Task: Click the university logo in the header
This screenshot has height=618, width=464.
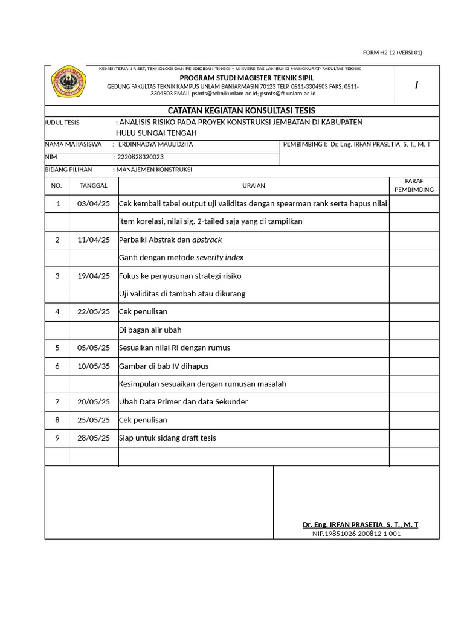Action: (68, 84)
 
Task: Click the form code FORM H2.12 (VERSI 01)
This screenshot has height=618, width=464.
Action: (393, 53)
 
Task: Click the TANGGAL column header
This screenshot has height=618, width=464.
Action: (94, 186)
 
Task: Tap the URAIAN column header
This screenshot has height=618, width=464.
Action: (254, 186)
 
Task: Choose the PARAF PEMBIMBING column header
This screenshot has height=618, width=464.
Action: (414, 185)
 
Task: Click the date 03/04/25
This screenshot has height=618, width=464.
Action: (94, 203)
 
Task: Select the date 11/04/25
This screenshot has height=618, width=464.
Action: (94, 240)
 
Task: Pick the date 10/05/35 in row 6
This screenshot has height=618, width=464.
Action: (94, 366)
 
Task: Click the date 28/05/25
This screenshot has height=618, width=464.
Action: (94, 438)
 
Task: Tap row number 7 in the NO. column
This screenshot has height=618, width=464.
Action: (57, 402)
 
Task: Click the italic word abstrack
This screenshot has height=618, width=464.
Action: (207, 240)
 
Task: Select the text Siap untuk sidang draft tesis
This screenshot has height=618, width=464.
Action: (167, 438)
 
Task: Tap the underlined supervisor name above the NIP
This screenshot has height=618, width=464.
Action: (360, 525)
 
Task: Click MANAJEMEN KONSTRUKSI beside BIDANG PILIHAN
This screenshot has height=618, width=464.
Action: (154, 170)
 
